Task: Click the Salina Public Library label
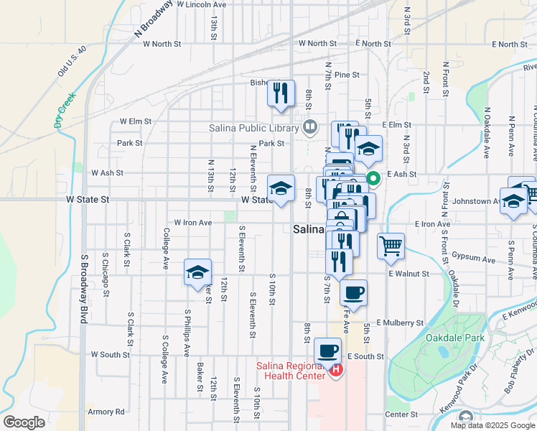point(253,129)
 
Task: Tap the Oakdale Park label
point(454,338)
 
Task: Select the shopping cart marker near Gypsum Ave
point(391,246)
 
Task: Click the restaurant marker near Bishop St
point(281,93)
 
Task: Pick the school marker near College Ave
point(197,272)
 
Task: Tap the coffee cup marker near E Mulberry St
point(353,293)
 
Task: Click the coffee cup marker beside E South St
point(327,351)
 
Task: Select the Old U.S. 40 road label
point(72,62)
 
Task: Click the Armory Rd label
point(106,412)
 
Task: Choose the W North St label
point(162,44)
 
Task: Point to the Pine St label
point(346,75)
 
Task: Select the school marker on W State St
point(281,188)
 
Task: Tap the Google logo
point(24,422)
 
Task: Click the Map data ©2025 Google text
point(492,425)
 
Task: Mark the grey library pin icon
point(310,128)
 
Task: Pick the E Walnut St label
point(408,274)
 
